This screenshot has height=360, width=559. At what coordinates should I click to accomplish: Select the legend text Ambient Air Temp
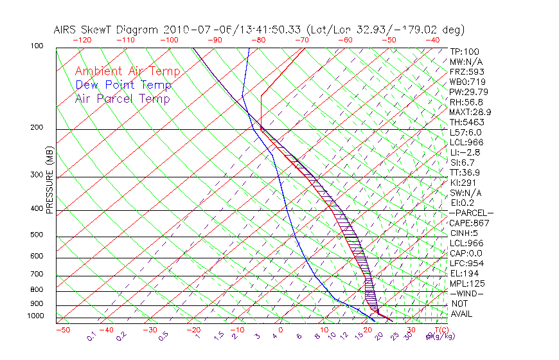pos(127,71)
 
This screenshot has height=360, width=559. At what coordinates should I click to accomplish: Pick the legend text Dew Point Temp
pos(123,85)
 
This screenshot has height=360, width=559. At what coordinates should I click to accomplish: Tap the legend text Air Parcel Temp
pos(122,98)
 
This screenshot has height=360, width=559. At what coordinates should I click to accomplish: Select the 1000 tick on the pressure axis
pos(37,316)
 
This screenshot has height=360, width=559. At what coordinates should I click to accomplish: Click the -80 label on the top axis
pos(259,40)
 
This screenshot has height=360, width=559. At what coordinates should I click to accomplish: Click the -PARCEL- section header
pos(472,213)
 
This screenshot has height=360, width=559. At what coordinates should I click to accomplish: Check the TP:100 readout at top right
pos(464,51)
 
